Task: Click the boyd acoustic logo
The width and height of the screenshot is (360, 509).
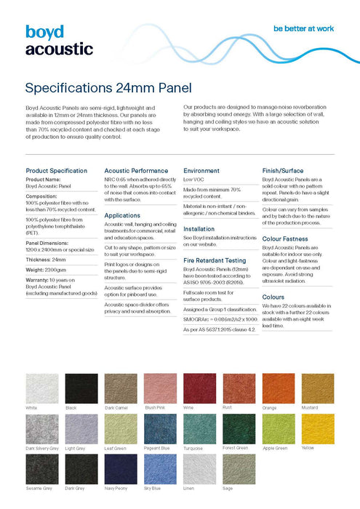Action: [x=59, y=41]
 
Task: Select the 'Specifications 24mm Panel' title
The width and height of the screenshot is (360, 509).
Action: [x=108, y=89]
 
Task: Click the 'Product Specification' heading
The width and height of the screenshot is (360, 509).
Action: [x=56, y=170]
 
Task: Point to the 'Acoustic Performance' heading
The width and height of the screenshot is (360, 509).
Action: [x=136, y=170]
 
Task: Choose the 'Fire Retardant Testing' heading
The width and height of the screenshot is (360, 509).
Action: [x=215, y=260]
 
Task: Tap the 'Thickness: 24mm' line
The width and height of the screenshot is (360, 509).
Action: [x=46, y=259]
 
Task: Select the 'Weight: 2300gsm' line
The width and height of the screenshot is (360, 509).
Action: [x=47, y=269]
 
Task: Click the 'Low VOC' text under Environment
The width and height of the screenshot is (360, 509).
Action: [x=193, y=179]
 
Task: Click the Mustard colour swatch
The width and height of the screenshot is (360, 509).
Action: [x=317, y=388]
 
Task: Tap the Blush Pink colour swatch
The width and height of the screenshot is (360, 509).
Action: [x=159, y=388]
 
